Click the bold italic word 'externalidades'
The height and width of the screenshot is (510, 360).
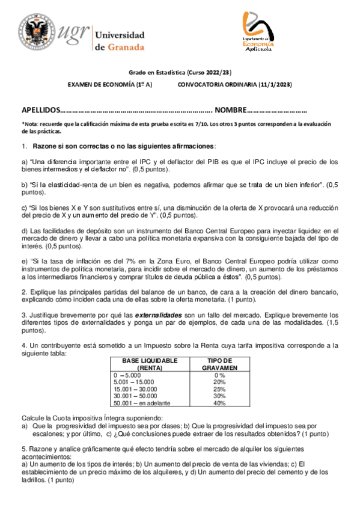pos(157,315)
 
